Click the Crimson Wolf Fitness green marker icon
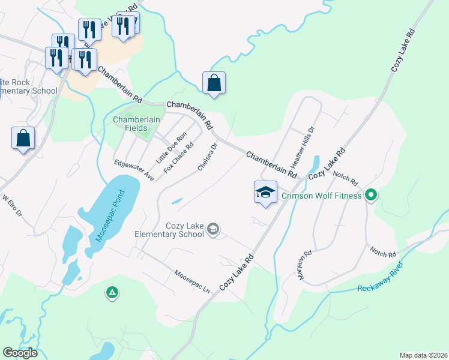point(371,196)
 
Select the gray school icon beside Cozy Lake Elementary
point(212,229)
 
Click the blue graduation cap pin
point(265,193)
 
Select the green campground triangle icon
point(112,293)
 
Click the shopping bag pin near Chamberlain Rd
point(214,83)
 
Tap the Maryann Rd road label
point(308,266)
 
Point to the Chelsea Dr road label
point(207,157)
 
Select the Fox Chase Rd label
point(179,156)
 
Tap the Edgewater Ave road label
point(134,170)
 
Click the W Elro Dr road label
point(12,205)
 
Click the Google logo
point(20,353)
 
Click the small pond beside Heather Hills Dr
point(315,163)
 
